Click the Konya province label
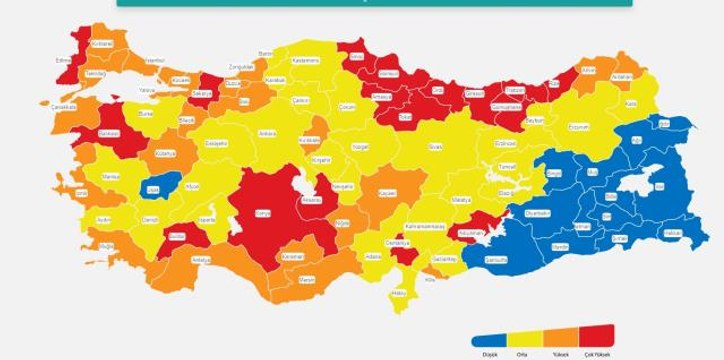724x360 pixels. (264, 212)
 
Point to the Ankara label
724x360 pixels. (266, 132)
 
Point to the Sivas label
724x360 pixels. (435, 146)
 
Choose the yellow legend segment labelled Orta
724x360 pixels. (525, 335)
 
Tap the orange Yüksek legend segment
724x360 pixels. (561, 335)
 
